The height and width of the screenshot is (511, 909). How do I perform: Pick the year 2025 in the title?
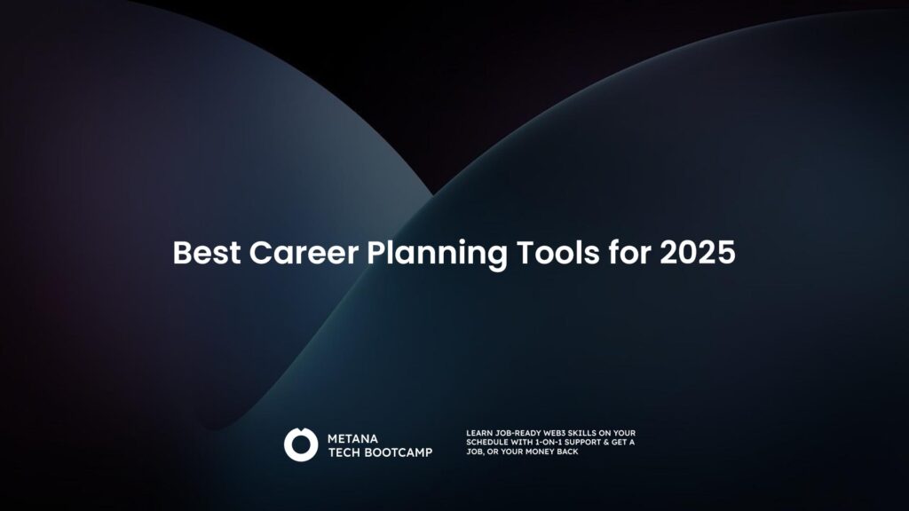click(x=698, y=253)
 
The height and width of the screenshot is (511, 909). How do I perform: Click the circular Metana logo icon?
click(x=301, y=444)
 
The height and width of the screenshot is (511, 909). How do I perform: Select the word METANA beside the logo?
click(x=353, y=438)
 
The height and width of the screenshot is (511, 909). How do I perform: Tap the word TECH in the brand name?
click(x=344, y=452)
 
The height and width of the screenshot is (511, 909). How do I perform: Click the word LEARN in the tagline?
click(x=478, y=433)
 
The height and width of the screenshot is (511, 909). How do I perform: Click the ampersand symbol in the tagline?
click(x=616, y=442)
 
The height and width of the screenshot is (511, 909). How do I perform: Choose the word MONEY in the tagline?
click(x=539, y=452)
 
